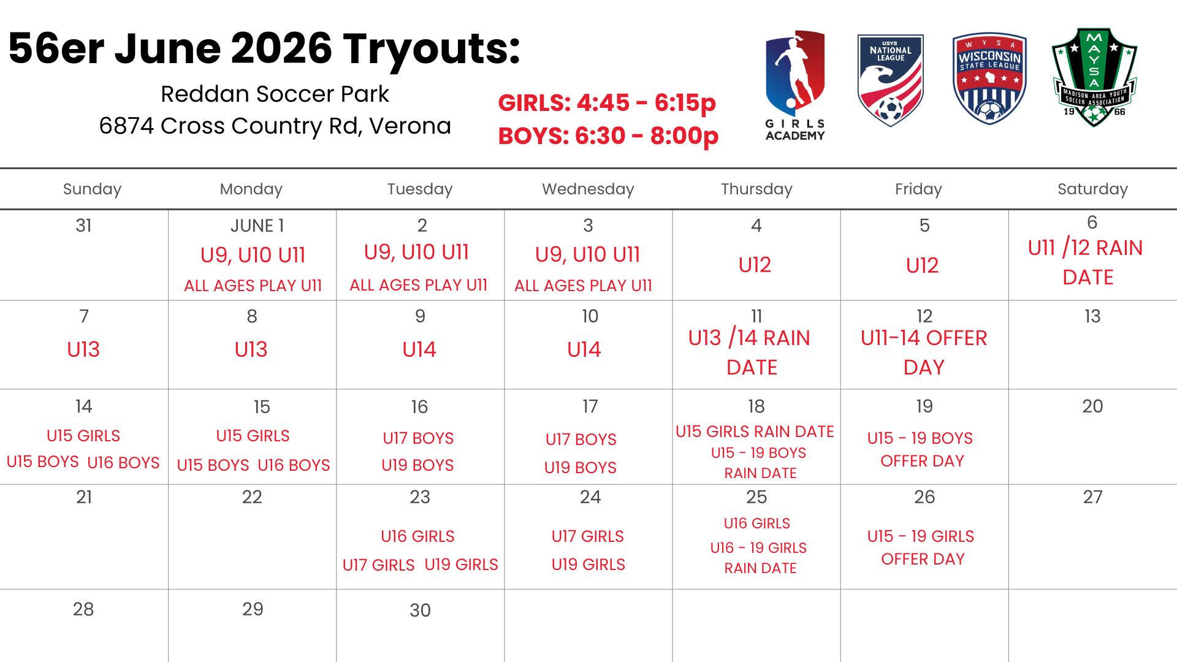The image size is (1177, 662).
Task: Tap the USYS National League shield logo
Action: [890, 80]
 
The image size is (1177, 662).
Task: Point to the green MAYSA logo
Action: [1094, 77]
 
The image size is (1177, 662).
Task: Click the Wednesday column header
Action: [588, 189]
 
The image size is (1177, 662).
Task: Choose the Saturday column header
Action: [1092, 189]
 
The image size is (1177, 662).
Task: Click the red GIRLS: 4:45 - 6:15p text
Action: [607, 103]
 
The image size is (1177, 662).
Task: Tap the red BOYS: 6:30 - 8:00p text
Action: [608, 135]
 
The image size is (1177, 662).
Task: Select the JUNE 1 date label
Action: [257, 226]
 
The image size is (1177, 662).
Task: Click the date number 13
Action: [1092, 316]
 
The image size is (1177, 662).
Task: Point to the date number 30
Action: [420, 610]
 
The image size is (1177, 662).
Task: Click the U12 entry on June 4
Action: [755, 265]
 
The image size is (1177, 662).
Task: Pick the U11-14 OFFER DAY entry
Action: [924, 352]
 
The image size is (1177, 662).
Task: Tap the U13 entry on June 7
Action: [83, 349]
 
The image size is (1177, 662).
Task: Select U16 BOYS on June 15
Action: [294, 465]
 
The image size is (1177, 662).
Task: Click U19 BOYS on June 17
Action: [580, 468]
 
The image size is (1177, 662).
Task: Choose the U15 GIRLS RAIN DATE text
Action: [755, 432]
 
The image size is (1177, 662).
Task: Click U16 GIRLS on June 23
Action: [417, 536]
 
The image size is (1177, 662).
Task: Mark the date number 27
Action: [1092, 497]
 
